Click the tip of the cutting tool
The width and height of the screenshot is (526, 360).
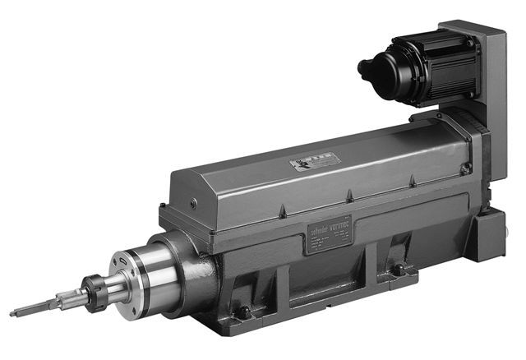click(14, 313)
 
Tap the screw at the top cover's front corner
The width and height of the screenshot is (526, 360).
click(191, 201)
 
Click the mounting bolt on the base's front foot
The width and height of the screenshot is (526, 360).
click(243, 312)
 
